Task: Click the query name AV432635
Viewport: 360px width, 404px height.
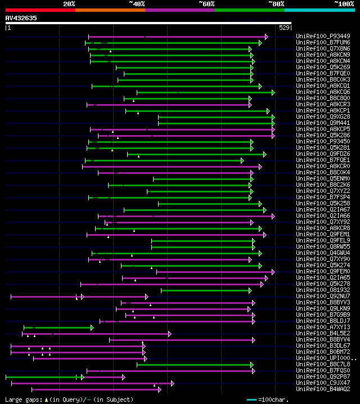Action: (x=21, y=18)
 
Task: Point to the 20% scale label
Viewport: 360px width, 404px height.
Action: (x=69, y=4)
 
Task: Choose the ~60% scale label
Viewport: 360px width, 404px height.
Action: (x=206, y=4)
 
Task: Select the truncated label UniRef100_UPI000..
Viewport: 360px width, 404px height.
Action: (x=325, y=358)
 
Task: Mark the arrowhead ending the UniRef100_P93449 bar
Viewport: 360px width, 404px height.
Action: (x=267, y=37)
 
